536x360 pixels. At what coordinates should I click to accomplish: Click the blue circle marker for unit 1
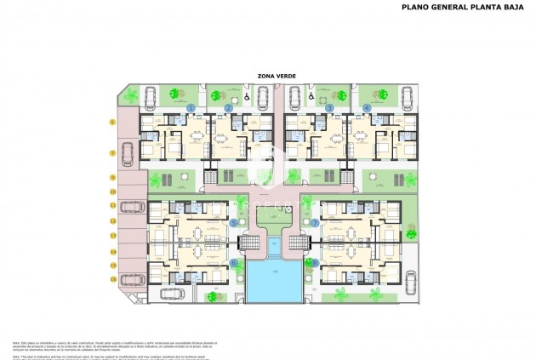click(x=191, y=108)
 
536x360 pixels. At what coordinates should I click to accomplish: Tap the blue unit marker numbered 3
click(x=328, y=108)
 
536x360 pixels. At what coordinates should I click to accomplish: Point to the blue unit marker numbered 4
click(x=367, y=108)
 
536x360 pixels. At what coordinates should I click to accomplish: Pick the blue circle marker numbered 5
click(x=234, y=222)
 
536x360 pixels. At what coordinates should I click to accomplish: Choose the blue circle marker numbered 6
click(x=234, y=263)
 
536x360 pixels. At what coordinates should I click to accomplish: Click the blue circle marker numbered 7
click(x=314, y=222)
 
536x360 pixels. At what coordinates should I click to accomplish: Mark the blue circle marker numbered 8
click(x=314, y=263)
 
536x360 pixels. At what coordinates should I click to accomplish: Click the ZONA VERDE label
click(x=270, y=76)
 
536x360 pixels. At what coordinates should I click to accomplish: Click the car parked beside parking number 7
click(x=128, y=153)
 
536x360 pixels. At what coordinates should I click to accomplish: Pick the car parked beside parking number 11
click(x=131, y=205)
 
